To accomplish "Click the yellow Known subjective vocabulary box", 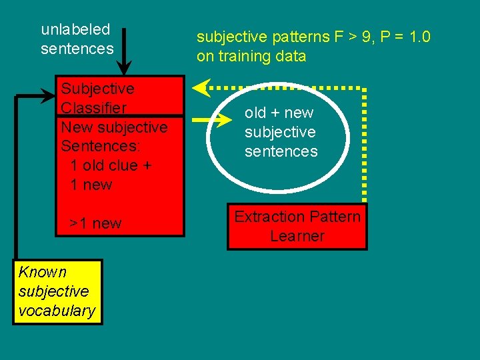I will (x=57, y=291).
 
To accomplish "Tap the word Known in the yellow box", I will (x=43, y=272).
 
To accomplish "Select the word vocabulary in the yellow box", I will (x=57, y=311).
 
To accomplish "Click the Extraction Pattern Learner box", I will (x=297, y=227).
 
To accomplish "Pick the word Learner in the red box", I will (x=297, y=236).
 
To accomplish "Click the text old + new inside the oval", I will (x=279, y=113).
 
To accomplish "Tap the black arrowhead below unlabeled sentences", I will (x=124, y=68).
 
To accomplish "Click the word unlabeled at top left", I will (x=75, y=29).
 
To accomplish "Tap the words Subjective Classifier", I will (x=97, y=98).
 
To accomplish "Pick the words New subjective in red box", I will (x=114, y=127).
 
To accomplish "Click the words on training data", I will (x=251, y=56).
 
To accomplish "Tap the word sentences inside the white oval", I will (x=281, y=151).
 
